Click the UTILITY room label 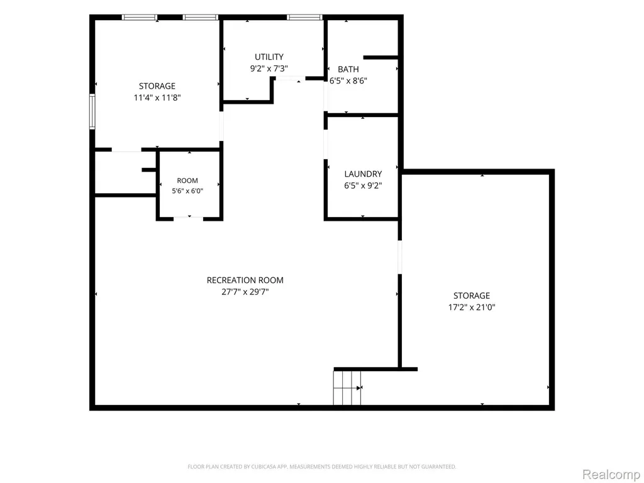(x=269, y=57)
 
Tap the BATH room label (x=348, y=69)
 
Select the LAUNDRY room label (x=363, y=174)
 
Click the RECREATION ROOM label (x=245, y=280)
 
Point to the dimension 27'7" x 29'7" (x=245, y=292)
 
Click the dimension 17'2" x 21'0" (x=472, y=307)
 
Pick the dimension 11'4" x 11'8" (x=157, y=97)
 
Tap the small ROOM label (x=187, y=180)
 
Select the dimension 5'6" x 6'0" (x=187, y=191)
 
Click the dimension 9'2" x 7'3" (x=269, y=69)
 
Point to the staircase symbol (x=347, y=387)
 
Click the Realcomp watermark (x=611, y=474)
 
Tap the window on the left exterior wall (x=92, y=112)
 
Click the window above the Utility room (x=304, y=17)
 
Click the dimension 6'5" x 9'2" (x=363, y=186)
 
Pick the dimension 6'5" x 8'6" (x=348, y=81)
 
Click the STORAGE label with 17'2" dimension (x=472, y=296)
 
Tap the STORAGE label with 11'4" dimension (x=157, y=86)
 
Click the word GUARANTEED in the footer (x=441, y=467)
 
